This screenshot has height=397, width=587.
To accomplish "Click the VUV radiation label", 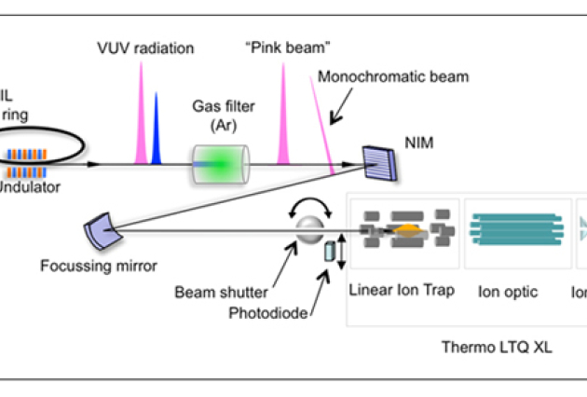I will (x=145, y=47).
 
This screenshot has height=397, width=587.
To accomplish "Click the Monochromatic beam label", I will (x=393, y=76).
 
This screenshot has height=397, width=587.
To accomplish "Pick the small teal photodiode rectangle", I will (x=330, y=251).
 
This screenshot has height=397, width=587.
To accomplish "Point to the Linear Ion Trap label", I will (x=402, y=290).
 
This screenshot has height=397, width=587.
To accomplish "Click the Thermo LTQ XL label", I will (x=499, y=349).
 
